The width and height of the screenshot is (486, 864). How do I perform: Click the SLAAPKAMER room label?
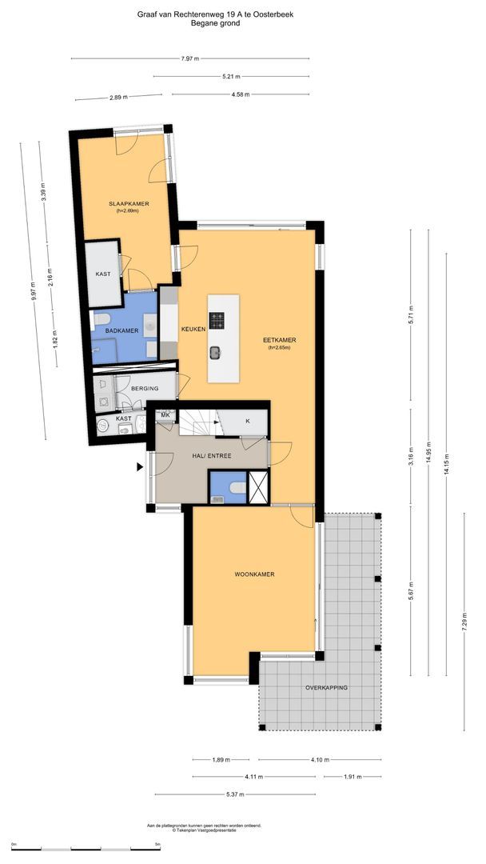(129, 205)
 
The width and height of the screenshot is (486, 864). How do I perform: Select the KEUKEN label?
(193, 329)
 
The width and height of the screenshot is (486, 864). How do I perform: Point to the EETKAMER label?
(279, 339)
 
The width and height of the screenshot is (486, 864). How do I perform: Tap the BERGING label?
(145, 389)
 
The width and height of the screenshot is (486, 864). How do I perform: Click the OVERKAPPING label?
(326, 688)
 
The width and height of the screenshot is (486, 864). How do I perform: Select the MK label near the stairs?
(165, 415)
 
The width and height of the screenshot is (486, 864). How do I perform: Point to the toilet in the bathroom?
(102, 321)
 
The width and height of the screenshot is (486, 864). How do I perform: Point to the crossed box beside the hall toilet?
(259, 486)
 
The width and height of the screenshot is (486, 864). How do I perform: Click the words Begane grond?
(215, 24)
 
